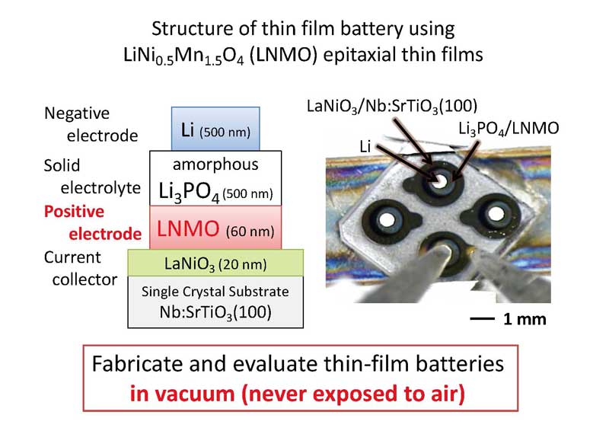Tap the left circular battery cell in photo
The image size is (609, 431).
point(386,220)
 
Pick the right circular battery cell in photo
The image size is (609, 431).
point(497,211)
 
